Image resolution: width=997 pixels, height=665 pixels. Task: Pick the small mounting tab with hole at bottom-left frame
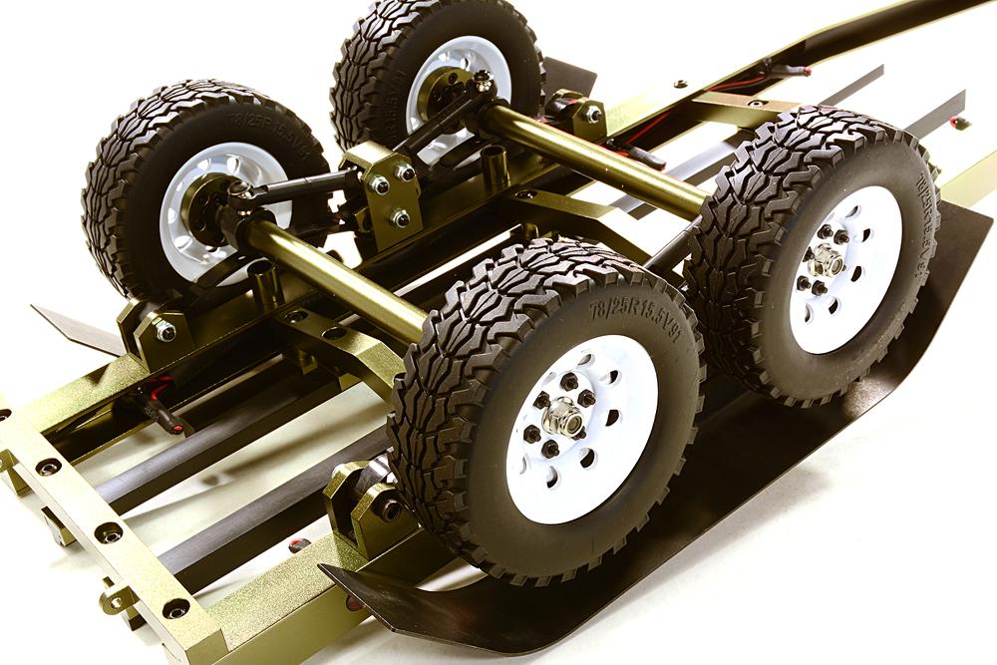[x=117, y=598]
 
